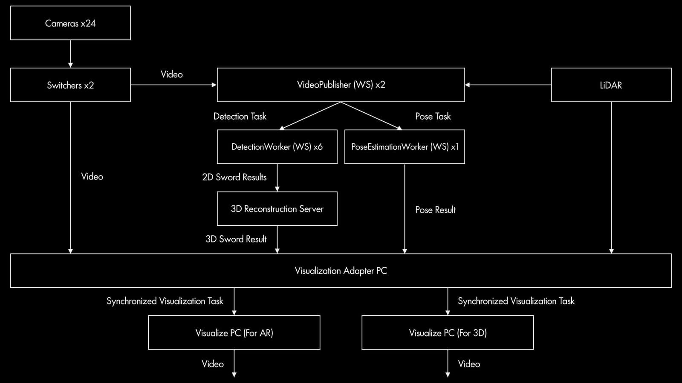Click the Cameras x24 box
tap(70, 23)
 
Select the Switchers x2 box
tap(70, 85)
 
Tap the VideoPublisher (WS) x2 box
tap(341, 85)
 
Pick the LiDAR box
tap(611, 85)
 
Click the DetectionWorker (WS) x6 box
tap(277, 147)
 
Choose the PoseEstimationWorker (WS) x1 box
tap(405, 147)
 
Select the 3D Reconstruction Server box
tap(277, 209)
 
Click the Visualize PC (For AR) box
tap(234, 332)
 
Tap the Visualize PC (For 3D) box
tap(448, 332)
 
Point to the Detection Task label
tap(240, 117)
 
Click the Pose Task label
tap(433, 117)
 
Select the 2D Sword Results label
tap(234, 177)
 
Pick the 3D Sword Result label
tap(236, 239)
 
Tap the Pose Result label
tap(435, 210)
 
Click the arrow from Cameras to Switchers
tap(70, 54)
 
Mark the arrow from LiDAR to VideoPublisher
tap(508, 85)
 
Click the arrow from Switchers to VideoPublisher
tap(174, 85)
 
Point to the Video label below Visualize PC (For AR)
tap(213, 364)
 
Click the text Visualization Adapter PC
tap(341, 271)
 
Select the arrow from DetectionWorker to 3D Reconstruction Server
tap(277, 178)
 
